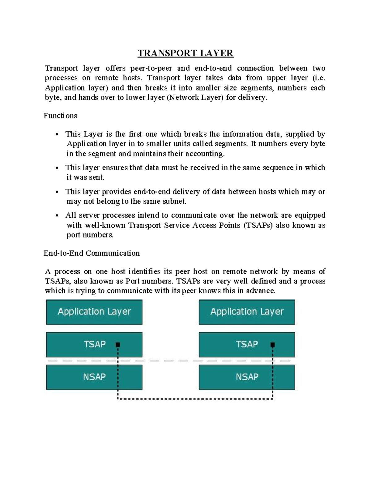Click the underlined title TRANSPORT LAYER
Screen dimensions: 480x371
[x=185, y=53]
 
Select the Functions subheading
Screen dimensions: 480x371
[x=60, y=116]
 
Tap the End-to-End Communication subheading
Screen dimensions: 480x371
[x=92, y=253]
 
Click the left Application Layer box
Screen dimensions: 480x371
[x=94, y=312]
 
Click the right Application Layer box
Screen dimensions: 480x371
[x=247, y=312]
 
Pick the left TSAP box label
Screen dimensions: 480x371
[x=95, y=344]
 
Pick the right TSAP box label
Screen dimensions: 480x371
[x=247, y=344]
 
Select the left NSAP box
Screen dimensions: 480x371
[x=94, y=377]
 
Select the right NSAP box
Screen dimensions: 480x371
[x=247, y=377]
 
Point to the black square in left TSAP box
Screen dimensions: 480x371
[x=118, y=344]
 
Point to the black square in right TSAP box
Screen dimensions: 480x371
[x=273, y=344]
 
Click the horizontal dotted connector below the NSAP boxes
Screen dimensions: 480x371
[x=195, y=399]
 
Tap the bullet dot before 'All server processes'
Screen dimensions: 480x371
[x=57, y=216]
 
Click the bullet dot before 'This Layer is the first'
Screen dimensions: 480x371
[x=57, y=134]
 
